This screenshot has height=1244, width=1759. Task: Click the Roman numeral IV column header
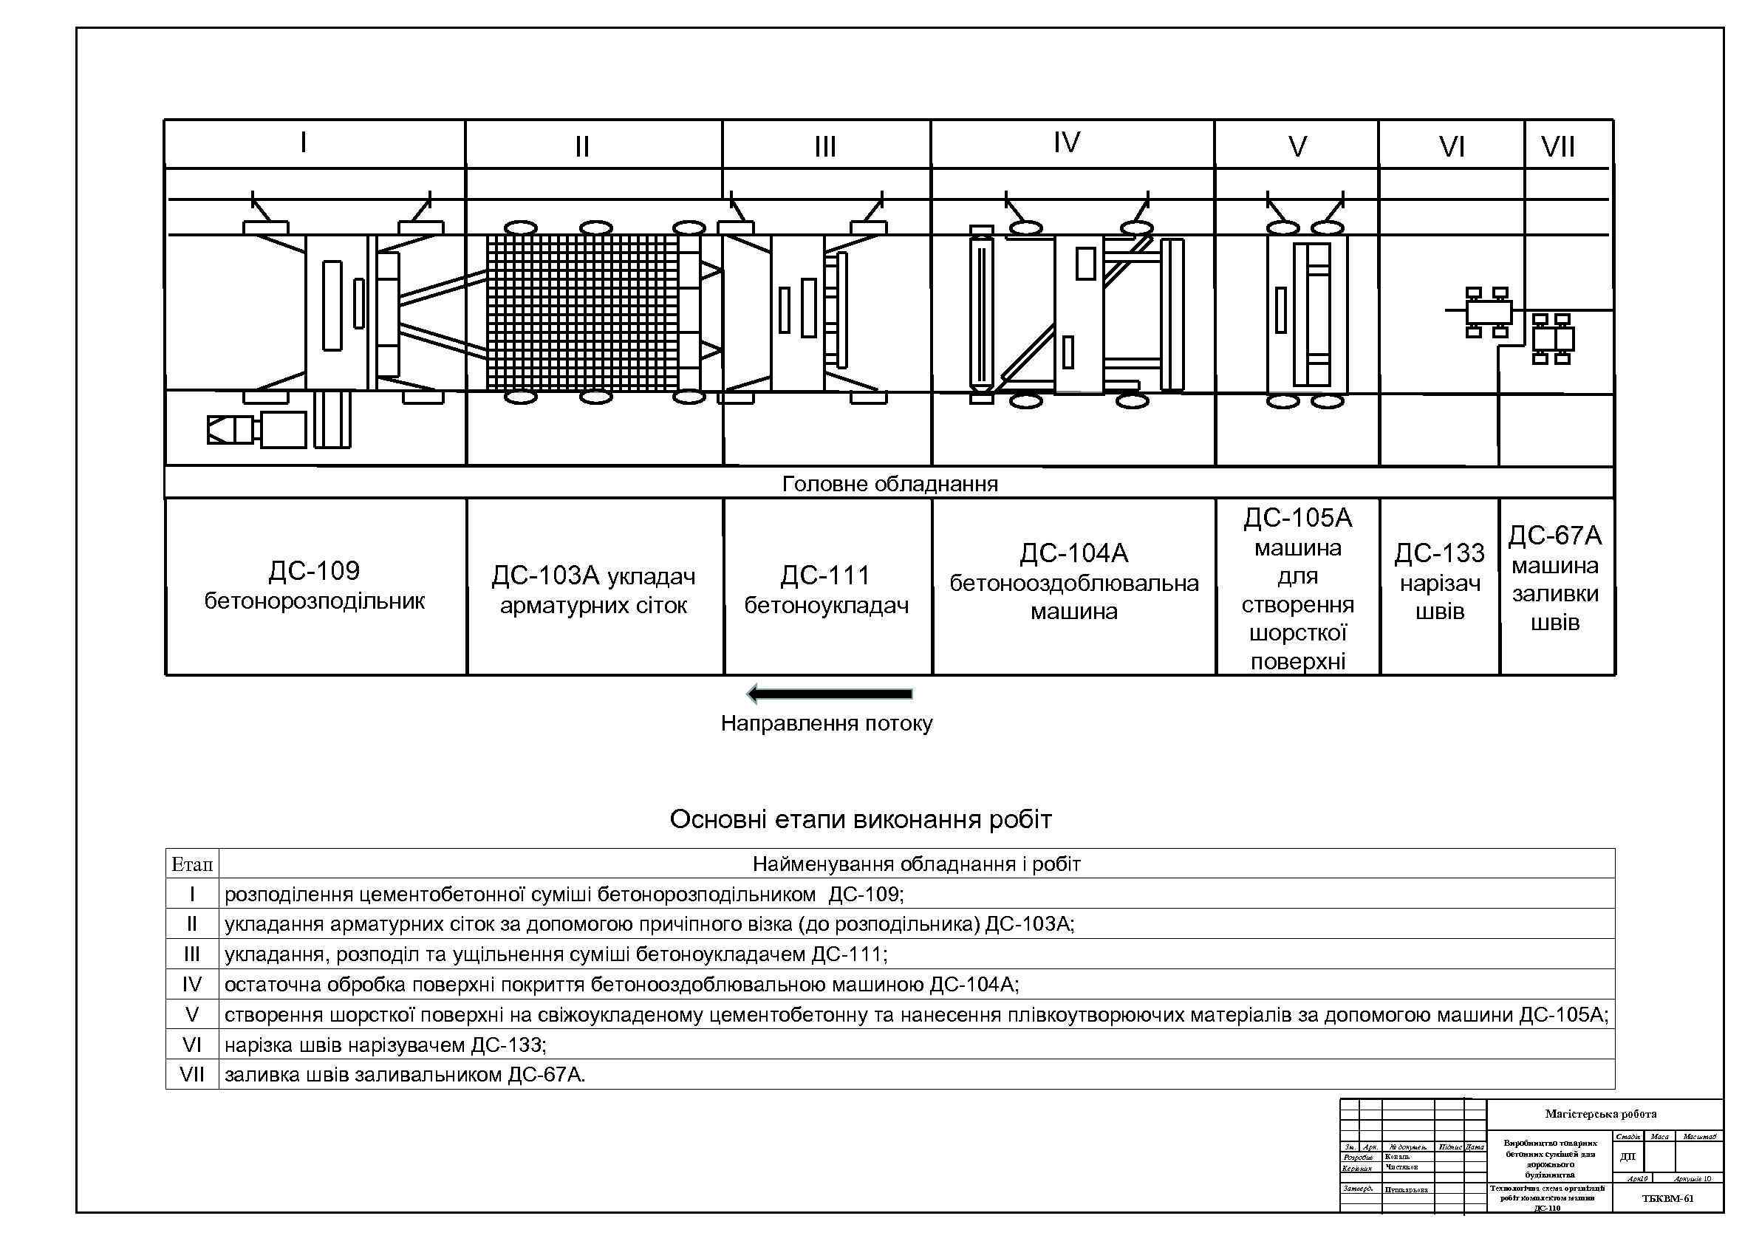point(1067,143)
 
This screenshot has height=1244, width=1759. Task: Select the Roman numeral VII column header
point(1557,146)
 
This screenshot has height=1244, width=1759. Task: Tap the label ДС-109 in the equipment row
point(314,571)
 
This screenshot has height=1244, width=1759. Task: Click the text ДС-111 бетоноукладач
point(826,589)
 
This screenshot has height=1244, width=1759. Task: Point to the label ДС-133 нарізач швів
point(1440,582)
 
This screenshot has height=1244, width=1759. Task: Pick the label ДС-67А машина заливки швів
point(1555,578)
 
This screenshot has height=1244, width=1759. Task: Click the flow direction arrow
point(830,694)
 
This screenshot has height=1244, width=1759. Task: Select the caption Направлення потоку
point(827,724)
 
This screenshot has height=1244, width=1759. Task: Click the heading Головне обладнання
point(889,484)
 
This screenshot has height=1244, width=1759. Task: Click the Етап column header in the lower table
point(191,865)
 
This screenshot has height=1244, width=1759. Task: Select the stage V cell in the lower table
point(191,1015)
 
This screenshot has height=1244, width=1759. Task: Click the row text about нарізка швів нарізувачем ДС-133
point(386,1045)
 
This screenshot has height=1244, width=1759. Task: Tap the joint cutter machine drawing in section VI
point(1487,312)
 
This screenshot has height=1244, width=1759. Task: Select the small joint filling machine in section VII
point(1553,338)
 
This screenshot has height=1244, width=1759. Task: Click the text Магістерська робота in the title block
point(1600,1114)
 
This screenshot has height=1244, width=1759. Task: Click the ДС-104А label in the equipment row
point(1073,553)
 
